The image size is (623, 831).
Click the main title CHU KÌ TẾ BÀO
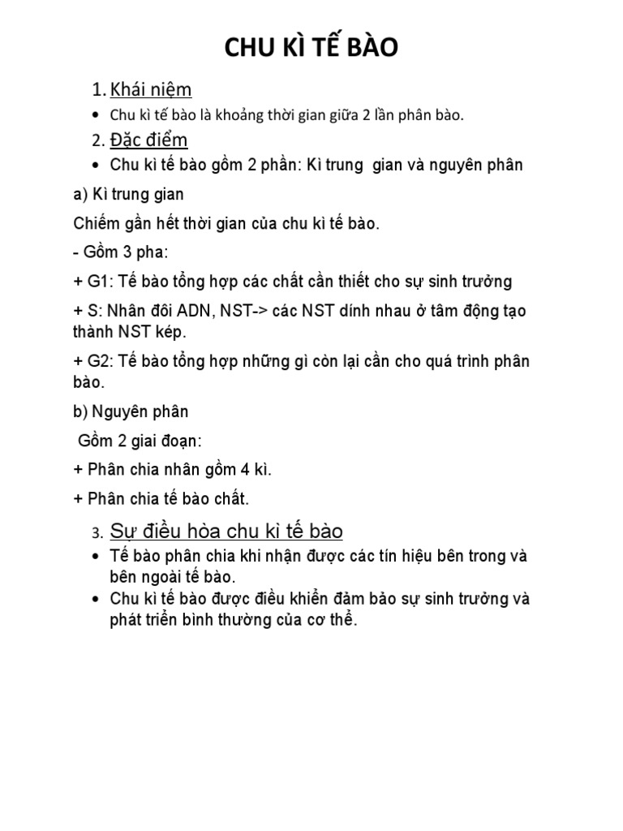311,49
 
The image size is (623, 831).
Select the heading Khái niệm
151,89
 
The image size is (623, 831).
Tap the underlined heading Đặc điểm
149,140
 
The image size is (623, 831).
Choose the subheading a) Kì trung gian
128,194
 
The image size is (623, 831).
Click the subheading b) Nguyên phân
131,411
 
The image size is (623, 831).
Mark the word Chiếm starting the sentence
96,223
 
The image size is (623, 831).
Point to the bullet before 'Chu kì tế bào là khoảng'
97,115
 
